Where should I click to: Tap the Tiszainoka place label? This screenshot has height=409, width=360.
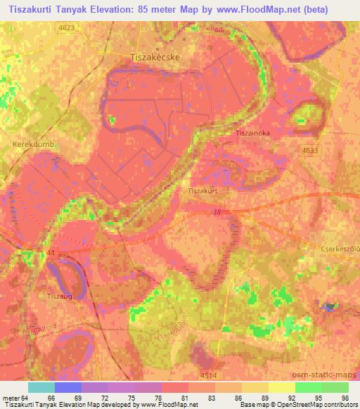click(252, 132)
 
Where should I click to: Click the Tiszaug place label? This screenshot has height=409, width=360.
click(60, 296)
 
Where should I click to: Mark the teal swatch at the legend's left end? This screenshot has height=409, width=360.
click(41, 387)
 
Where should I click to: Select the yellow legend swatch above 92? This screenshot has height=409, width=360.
click(281, 387)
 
